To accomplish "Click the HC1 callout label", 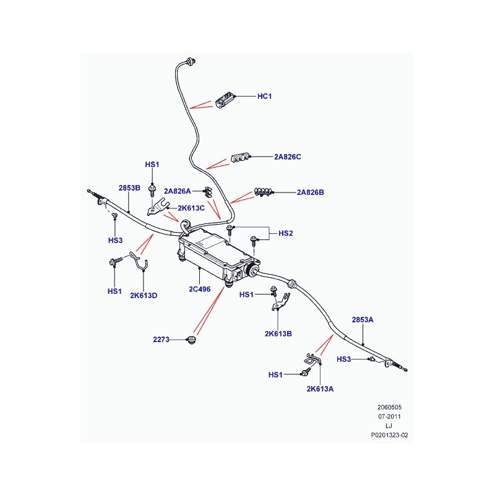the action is pyautogui.click(x=264, y=97).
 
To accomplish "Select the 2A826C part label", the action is pyautogui.click(x=287, y=157).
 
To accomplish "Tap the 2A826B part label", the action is pyautogui.click(x=310, y=192).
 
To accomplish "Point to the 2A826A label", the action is pyautogui.click(x=177, y=191).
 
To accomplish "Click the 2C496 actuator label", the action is pyautogui.click(x=199, y=289).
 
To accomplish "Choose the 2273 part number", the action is pyautogui.click(x=161, y=339).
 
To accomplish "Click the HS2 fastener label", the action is pyautogui.click(x=285, y=233).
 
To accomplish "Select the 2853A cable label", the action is pyautogui.click(x=363, y=320).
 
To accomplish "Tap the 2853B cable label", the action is pyautogui.click(x=129, y=188).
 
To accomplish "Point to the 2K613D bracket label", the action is pyautogui.click(x=144, y=296).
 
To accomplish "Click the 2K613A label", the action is pyautogui.click(x=320, y=389).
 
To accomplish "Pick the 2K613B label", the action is pyautogui.click(x=278, y=334).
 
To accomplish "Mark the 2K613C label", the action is pyautogui.click(x=191, y=208).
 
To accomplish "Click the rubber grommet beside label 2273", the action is pyautogui.click(x=191, y=341).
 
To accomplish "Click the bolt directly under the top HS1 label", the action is pyautogui.click(x=153, y=191).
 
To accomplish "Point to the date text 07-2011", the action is pyautogui.click(x=389, y=416).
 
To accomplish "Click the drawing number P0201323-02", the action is pyautogui.click(x=389, y=435).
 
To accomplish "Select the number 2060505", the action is pyautogui.click(x=389, y=407).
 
